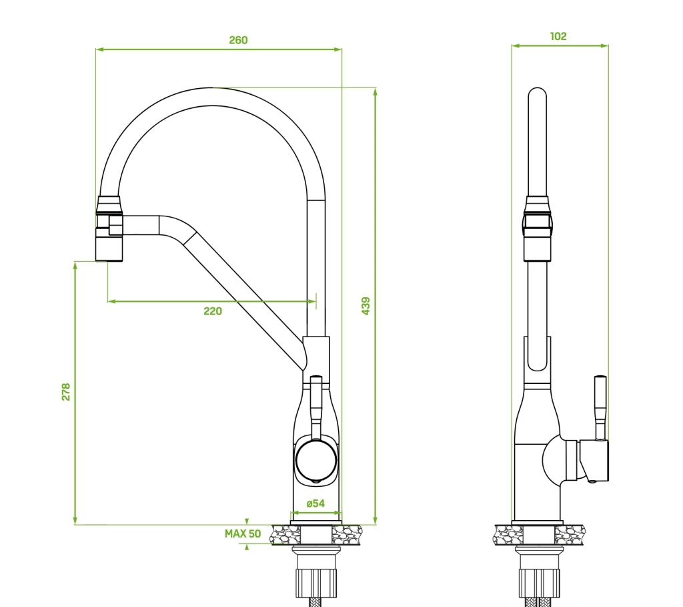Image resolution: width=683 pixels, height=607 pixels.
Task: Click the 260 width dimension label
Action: (x=238, y=40)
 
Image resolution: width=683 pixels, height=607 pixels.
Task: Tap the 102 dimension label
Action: (x=558, y=36)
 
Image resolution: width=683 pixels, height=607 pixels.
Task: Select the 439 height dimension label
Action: (x=366, y=306)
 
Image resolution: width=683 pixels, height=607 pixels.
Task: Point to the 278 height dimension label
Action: (x=66, y=391)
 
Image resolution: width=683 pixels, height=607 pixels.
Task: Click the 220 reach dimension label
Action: (x=213, y=311)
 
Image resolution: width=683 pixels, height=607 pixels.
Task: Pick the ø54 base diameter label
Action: (x=315, y=503)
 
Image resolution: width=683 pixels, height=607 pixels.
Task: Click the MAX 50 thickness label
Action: (x=243, y=534)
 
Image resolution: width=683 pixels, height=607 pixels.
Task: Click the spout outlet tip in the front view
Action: (x=109, y=260)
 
